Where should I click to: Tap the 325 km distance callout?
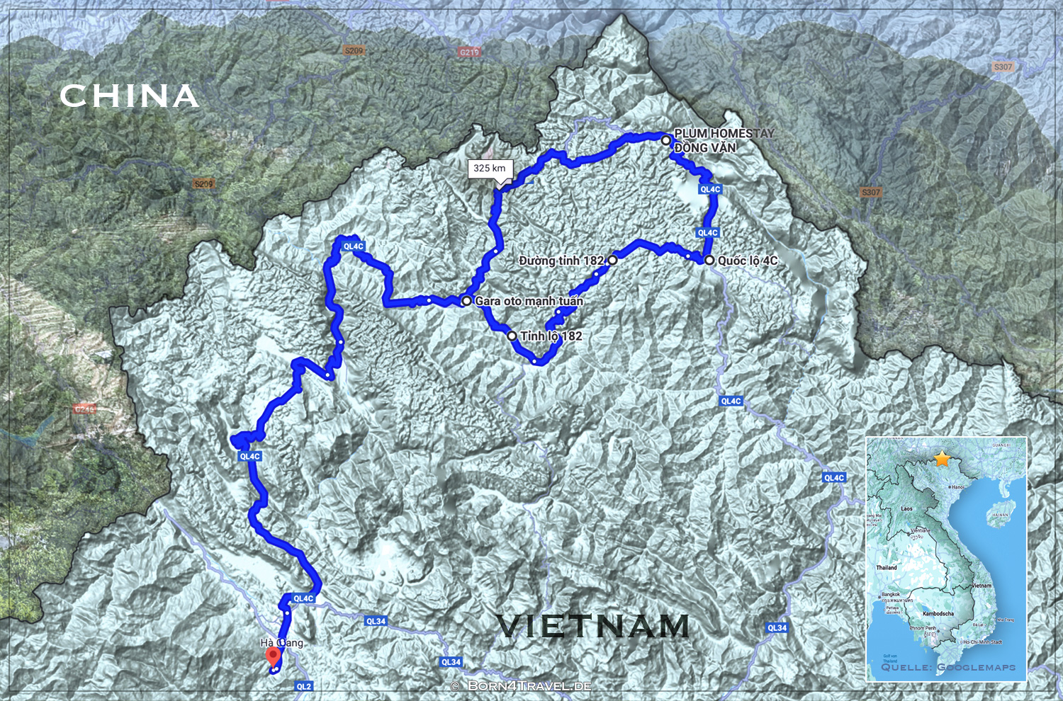(x=490, y=169)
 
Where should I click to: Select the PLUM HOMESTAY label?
(x=724, y=133)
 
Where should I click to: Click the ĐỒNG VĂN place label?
(x=705, y=148)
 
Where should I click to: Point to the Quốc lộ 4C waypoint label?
(x=747, y=261)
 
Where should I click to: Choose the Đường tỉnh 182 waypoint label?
(x=561, y=261)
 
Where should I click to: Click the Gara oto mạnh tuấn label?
(x=529, y=301)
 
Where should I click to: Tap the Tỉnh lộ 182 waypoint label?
(x=551, y=336)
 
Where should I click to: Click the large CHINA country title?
(x=128, y=96)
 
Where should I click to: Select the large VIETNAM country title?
(x=592, y=626)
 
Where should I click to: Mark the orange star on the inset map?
(x=942, y=459)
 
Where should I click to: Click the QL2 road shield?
(x=303, y=686)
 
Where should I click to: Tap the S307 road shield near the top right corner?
(x=1003, y=67)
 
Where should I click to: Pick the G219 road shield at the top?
(x=469, y=52)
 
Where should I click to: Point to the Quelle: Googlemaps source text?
(x=947, y=667)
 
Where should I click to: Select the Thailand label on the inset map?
(x=886, y=567)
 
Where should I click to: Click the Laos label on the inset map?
(x=907, y=508)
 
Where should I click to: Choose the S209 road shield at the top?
(x=354, y=50)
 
